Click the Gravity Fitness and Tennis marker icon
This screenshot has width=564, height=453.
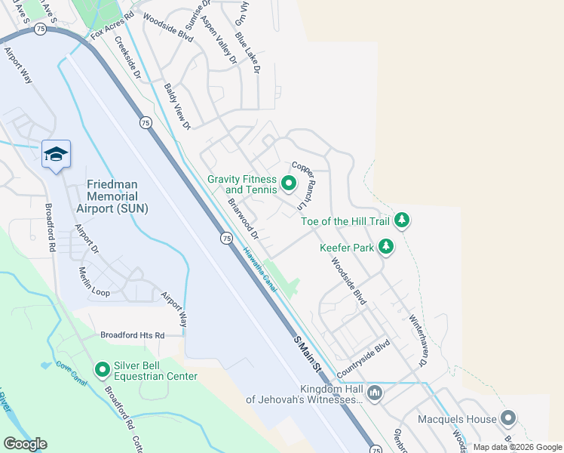[x=288, y=183]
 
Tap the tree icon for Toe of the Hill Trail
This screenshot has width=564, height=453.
[x=403, y=220]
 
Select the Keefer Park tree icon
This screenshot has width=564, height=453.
[x=386, y=247]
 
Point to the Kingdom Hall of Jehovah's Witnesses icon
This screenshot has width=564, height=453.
[x=375, y=393]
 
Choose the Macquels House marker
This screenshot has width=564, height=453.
[x=508, y=418]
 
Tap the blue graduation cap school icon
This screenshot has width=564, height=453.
[x=56, y=154]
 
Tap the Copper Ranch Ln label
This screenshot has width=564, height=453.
[x=302, y=186]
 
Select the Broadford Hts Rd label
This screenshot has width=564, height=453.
[x=133, y=334]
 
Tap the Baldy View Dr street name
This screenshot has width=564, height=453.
[x=179, y=105]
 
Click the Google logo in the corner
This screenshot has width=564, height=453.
[x=25, y=444]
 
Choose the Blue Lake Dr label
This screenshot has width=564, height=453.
[x=247, y=53]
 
